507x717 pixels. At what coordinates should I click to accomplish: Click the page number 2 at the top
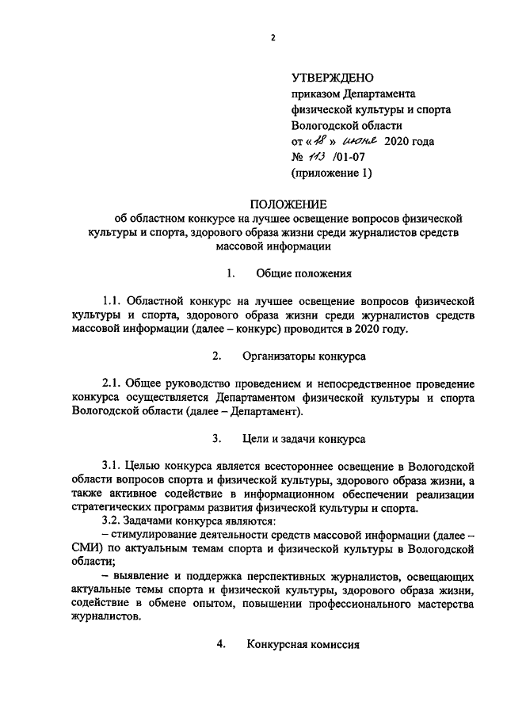click(271, 36)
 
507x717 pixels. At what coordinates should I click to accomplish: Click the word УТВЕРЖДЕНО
click(332, 78)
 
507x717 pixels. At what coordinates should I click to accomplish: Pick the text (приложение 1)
click(331, 173)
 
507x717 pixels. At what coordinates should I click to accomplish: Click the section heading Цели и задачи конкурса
click(310, 438)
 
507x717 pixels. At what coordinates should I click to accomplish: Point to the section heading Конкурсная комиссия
click(303, 644)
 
